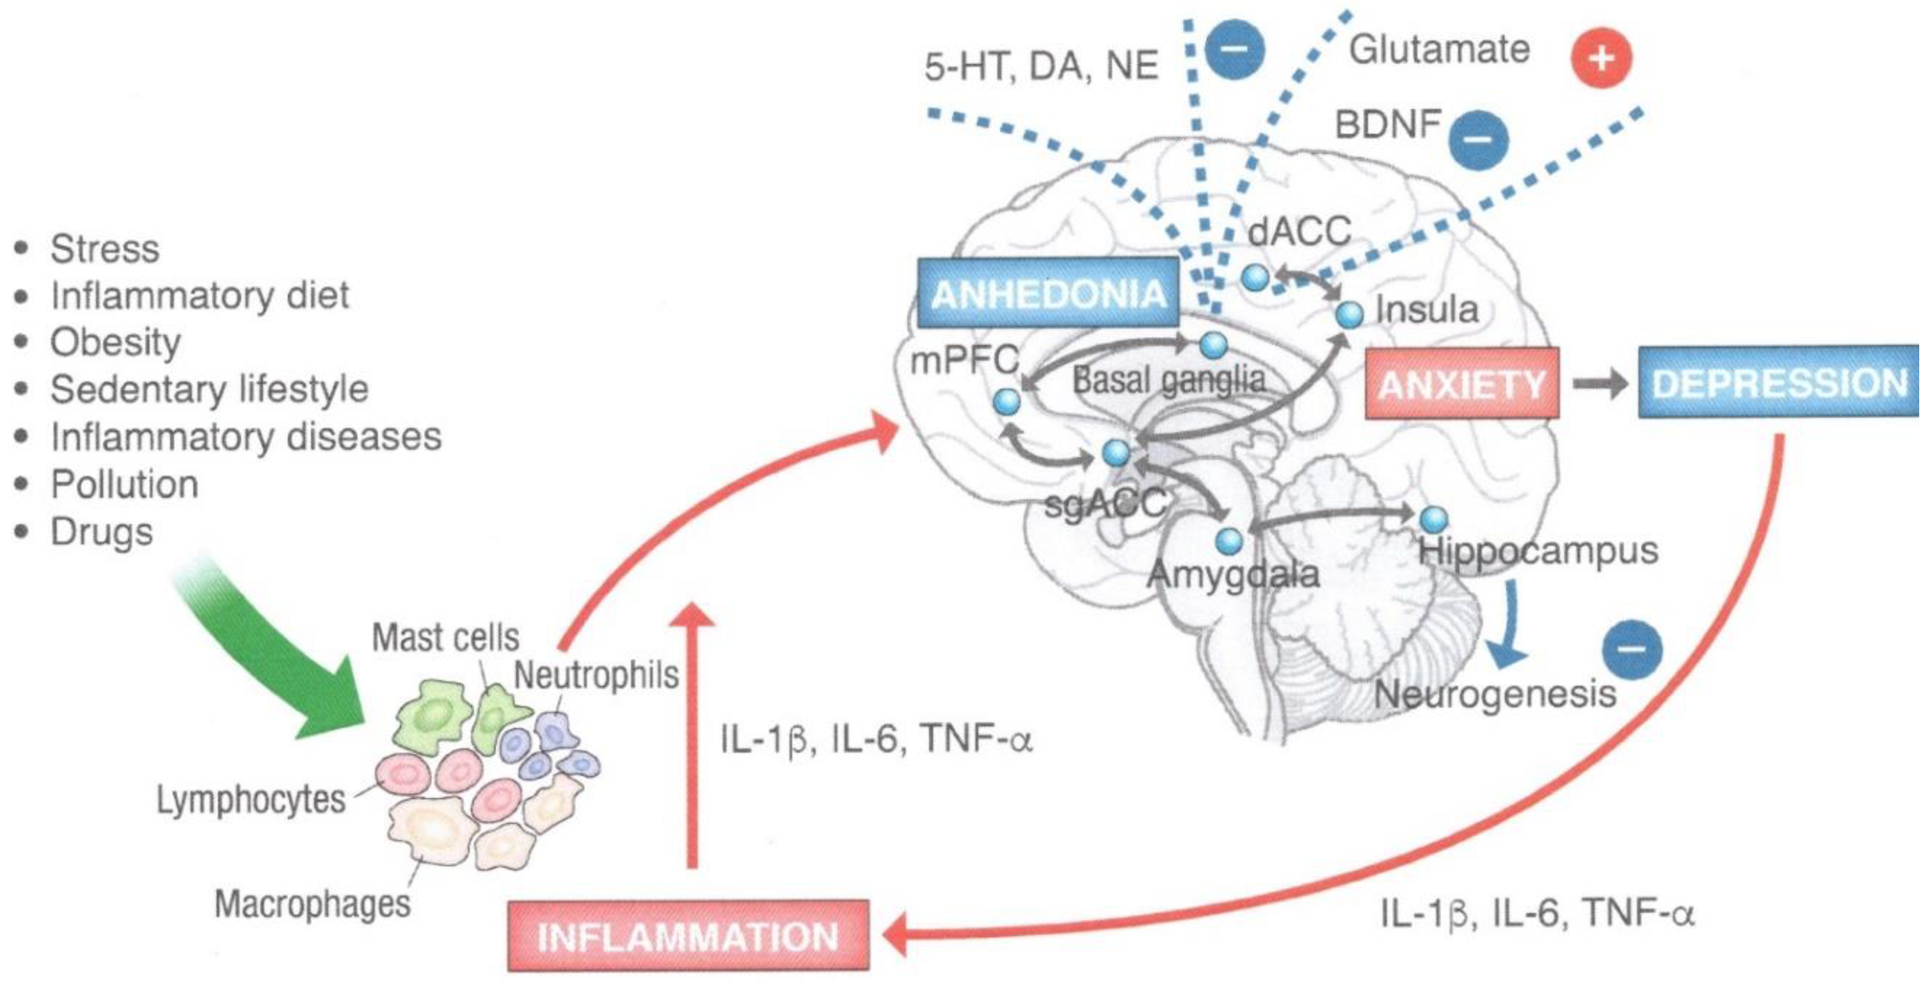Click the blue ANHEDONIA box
(1047, 293)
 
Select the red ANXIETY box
(1462, 384)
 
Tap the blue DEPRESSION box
(1778, 382)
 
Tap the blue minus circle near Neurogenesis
(1632, 649)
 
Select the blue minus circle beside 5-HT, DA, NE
(1234, 49)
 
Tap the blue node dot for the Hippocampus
(1433, 518)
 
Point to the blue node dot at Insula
(1350, 314)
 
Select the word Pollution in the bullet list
(125, 485)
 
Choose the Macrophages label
(312, 904)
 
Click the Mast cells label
(445, 638)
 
